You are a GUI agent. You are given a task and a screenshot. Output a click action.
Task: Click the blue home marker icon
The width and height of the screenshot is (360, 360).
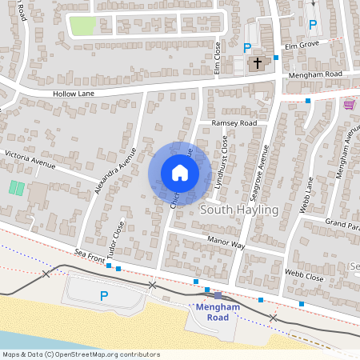tap(180, 173)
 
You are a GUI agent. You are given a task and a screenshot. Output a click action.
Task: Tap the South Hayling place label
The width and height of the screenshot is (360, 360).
tap(238, 210)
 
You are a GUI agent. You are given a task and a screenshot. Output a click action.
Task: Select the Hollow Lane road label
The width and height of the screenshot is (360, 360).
tap(74, 93)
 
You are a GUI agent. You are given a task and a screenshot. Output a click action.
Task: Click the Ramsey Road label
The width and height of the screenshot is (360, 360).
tap(234, 123)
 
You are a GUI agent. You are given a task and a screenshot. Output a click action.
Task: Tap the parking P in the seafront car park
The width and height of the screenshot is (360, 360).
tap(103, 296)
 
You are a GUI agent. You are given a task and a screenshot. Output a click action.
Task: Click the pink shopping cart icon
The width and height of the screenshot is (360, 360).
tap(349, 105)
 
